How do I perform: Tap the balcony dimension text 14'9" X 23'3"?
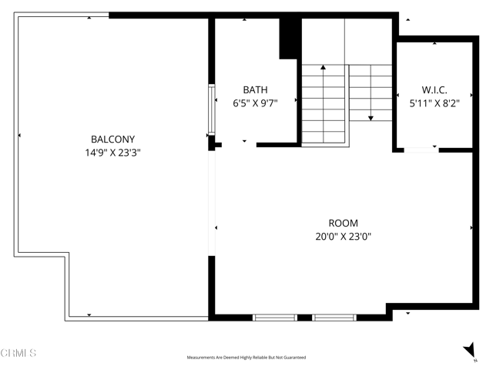112,153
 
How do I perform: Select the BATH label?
255,89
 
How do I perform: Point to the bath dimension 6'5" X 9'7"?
255,103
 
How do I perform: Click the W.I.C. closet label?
434,89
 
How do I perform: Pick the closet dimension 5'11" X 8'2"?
434,103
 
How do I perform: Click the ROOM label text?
343,224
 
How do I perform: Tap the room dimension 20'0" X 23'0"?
343,237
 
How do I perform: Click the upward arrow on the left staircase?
323,69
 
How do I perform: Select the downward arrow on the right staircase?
371,116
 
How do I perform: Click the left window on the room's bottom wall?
275,317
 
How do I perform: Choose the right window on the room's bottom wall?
334,317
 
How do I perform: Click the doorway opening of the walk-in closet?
421,150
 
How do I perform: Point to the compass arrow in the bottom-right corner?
468,349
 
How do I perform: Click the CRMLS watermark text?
18,353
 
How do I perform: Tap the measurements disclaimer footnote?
246,358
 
